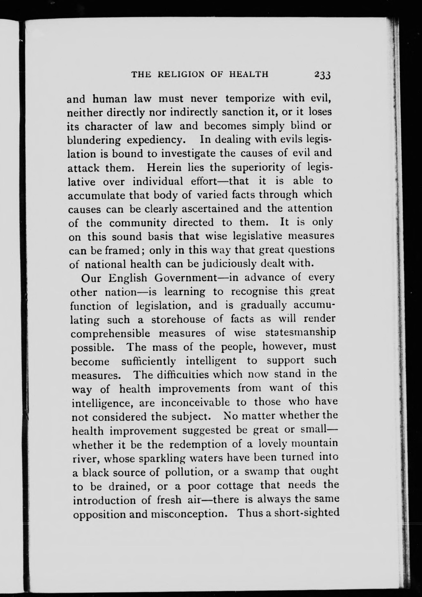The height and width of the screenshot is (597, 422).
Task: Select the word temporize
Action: click(x=250, y=99)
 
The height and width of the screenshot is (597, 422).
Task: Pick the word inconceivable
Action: click(x=195, y=403)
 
